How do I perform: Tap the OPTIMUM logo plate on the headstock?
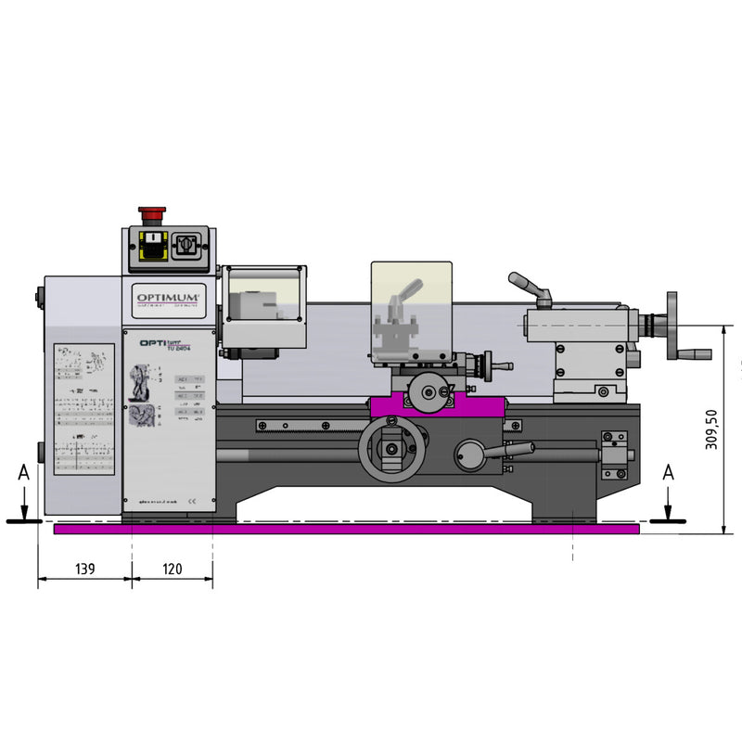(169, 294)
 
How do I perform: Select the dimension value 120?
(172, 569)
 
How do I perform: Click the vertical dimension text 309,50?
(711, 429)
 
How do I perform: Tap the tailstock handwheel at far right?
(672, 326)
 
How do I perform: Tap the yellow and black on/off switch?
(148, 246)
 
